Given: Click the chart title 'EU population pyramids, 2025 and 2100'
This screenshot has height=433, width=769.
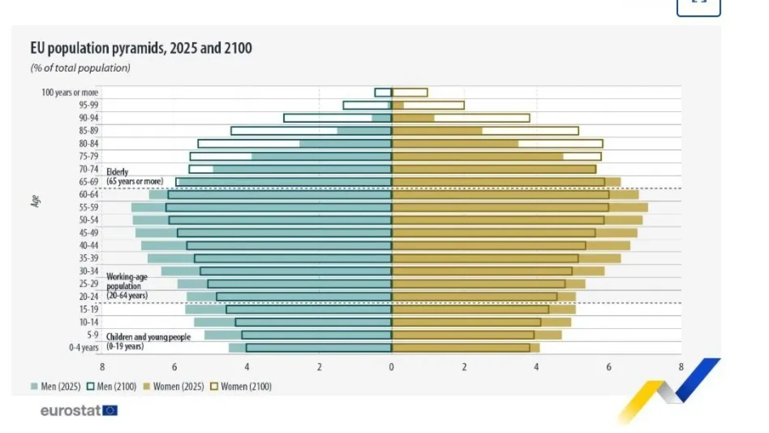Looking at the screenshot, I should (141, 48).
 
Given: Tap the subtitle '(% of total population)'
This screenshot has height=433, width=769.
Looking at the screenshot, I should (80, 68).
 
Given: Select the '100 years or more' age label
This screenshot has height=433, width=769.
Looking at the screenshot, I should (70, 92).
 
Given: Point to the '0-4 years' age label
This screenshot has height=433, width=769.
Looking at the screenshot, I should (84, 347).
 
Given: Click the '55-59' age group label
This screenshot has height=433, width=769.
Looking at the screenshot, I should (88, 207).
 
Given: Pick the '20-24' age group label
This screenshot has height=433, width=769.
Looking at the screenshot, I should (88, 296).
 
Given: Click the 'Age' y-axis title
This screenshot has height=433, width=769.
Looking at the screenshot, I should (35, 201).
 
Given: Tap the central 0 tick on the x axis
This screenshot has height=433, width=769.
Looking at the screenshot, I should (392, 367).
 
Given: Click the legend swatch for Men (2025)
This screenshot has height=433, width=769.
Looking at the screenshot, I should (34, 386).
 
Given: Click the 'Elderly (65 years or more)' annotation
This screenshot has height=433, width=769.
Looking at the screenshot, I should (134, 177).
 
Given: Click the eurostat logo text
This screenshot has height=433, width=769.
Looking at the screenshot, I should (71, 410).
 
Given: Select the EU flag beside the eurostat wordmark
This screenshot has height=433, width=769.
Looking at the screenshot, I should (110, 410).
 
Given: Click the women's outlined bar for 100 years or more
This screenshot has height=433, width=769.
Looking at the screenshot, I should (409, 92).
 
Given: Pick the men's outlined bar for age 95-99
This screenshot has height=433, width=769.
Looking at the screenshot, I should (366, 105).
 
